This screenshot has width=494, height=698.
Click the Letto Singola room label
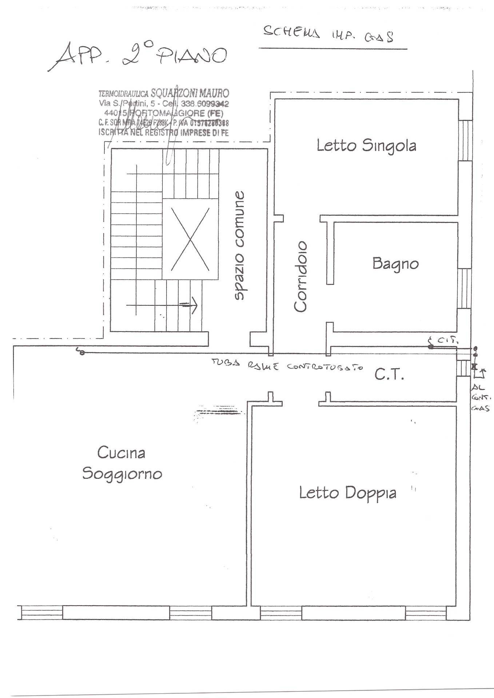tap(366, 146)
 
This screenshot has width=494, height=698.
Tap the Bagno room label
tap(395, 263)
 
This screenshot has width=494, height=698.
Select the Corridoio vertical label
tap(301, 276)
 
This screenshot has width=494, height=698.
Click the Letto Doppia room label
tap(347, 493)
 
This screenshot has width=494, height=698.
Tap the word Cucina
tap(121, 453)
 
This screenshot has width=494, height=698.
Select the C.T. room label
tap(389, 375)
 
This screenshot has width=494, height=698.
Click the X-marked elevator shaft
tap(190, 239)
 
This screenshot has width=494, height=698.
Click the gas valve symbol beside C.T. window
tap(474, 366)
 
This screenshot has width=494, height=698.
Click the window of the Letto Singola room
tap(464, 140)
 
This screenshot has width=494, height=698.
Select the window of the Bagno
tap(464, 288)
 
